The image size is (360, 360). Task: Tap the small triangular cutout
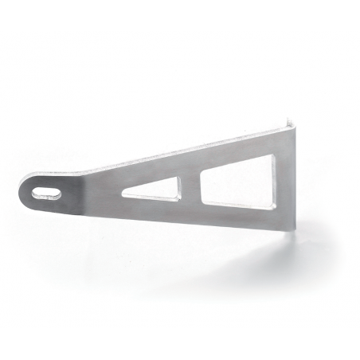tap(160, 189)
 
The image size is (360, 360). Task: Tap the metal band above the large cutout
tap(239, 151)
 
